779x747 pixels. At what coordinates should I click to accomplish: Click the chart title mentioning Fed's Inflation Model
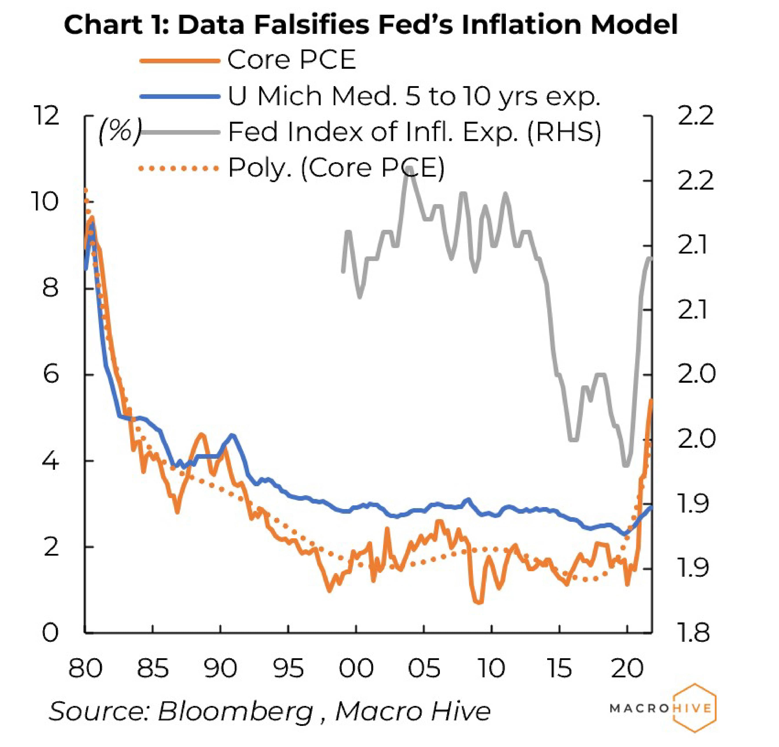[x=370, y=25]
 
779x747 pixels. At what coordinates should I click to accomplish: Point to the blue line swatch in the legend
[x=180, y=96]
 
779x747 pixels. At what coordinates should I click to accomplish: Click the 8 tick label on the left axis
[x=50, y=288]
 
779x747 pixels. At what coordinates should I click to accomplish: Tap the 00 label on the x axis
[x=356, y=668]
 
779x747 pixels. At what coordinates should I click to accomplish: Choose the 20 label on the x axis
[x=627, y=668]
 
